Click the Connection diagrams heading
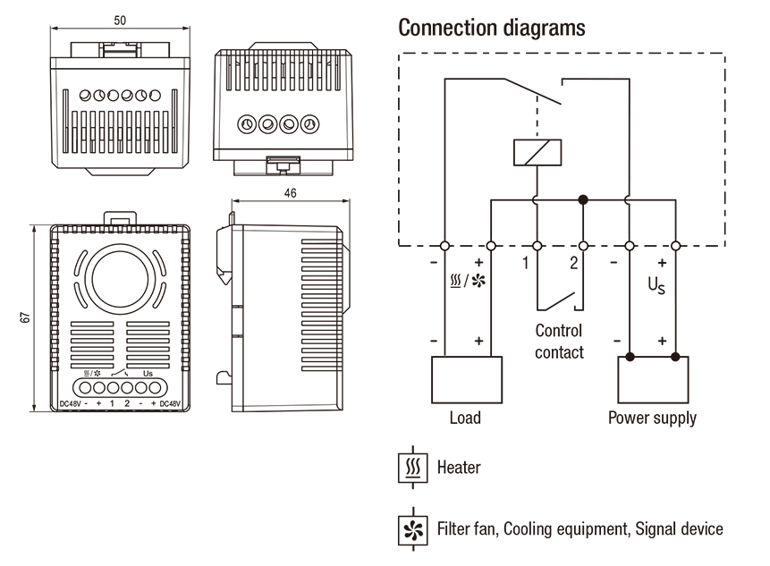[492, 28]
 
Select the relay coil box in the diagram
[537, 152]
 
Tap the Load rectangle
[465, 380]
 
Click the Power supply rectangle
[653, 380]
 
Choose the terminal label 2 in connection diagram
[574, 264]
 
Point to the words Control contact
[559, 342]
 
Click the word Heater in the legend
[459, 467]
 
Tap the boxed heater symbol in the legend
[412, 468]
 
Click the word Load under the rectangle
[465, 418]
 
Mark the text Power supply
[652, 418]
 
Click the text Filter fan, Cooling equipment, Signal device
[580, 529]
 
